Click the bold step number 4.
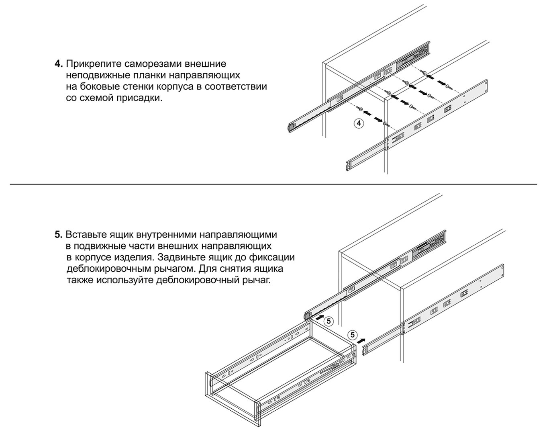coord(58,64)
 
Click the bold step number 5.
coord(58,235)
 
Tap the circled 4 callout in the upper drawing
coord(359,123)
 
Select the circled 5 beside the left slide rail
coord(329,321)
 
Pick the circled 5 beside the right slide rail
coord(353,335)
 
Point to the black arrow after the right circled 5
coord(361,340)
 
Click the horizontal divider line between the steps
coord(273,184)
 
